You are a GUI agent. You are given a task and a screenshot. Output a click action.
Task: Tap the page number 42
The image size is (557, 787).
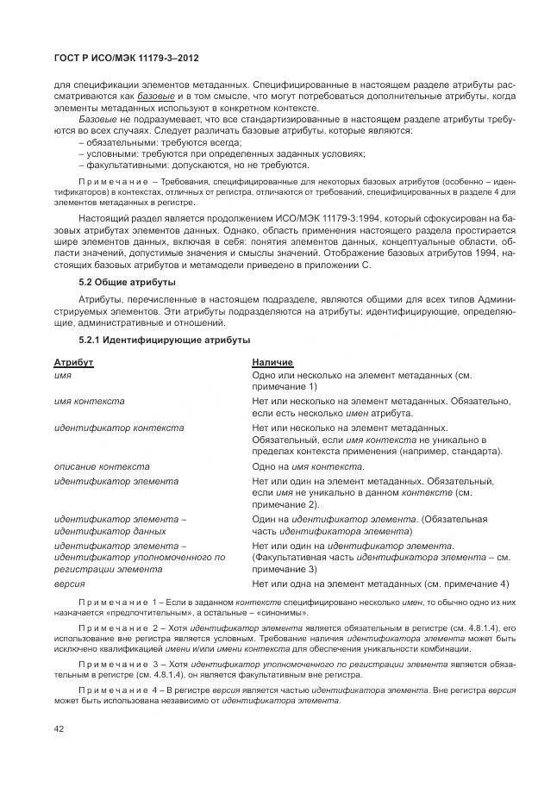(x=60, y=728)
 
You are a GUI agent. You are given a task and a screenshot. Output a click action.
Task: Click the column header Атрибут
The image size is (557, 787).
(x=73, y=363)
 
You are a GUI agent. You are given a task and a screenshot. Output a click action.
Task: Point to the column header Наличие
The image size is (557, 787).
(x=272, y=363)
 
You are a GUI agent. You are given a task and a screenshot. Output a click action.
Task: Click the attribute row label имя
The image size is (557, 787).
(x=62, y=377)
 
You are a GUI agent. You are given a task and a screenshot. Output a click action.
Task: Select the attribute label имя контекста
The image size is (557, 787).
(x=89, y=402)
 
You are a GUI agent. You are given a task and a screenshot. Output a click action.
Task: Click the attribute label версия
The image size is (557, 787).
(x=69, y=584)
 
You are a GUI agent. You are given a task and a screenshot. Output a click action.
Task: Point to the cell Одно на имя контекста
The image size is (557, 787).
(x=308, y=466)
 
